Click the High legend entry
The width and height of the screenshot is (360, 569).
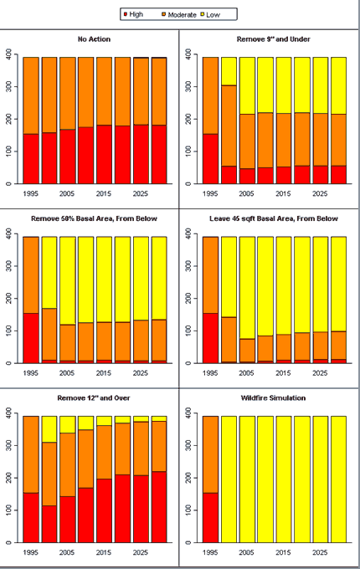click(133, 14)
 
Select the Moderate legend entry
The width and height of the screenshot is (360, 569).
click(179, 14)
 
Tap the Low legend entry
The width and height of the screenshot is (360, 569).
click(210, 15)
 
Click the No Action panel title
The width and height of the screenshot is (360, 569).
click(94, 39)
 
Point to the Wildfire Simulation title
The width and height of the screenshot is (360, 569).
click(273, 398)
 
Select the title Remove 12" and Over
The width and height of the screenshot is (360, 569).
click(94, 398)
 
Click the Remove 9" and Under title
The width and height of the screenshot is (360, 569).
click(273, 39)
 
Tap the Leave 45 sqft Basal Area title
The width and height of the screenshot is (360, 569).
click(274, 219)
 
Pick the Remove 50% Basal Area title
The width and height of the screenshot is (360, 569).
click(94, 219)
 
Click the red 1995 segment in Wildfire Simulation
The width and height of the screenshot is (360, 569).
click(210, 517)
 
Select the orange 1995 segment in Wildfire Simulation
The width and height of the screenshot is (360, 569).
click(210, 454)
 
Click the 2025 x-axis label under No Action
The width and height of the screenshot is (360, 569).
click(140, 194)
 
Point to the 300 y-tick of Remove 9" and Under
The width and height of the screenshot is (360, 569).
click(188, 86)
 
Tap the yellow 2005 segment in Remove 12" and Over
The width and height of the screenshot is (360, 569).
click(68, 424)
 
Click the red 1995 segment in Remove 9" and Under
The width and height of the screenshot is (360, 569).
click(210, 159)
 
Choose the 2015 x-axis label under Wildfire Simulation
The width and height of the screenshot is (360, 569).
click(283, 552)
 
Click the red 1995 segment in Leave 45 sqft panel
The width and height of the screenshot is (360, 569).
click(210, 338)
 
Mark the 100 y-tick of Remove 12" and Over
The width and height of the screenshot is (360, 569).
click(8, 510)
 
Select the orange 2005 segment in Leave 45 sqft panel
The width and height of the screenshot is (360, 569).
click(247, 350)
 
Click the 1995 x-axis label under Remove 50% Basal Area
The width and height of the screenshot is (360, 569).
click(30, 373)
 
